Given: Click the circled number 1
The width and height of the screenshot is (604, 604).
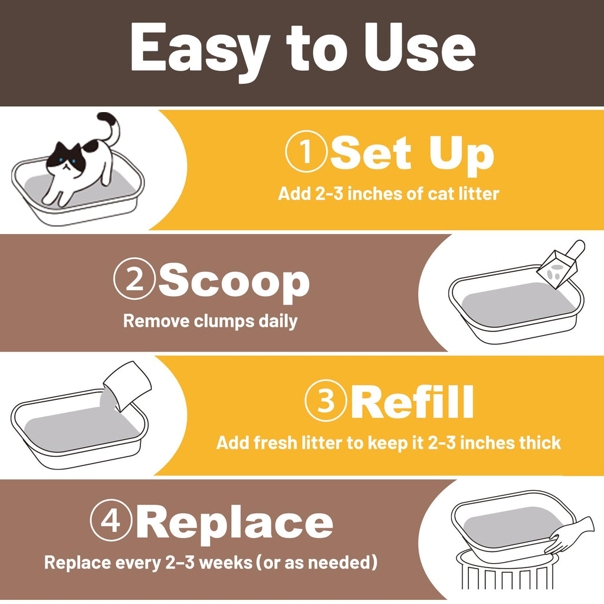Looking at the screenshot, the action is [x=306, y=151].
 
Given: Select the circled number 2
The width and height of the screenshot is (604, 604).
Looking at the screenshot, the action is [x=134, y=278].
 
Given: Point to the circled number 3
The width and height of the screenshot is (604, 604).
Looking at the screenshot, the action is [x=326, y=401].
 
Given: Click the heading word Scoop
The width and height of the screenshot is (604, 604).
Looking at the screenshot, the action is [x=234, y=283].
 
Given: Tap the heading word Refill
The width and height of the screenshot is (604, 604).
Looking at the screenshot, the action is [x=412, y=402].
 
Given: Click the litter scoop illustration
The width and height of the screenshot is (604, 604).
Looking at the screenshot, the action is [x=560, y=264].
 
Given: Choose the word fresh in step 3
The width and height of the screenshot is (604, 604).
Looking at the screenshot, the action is [x=275, y=442].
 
